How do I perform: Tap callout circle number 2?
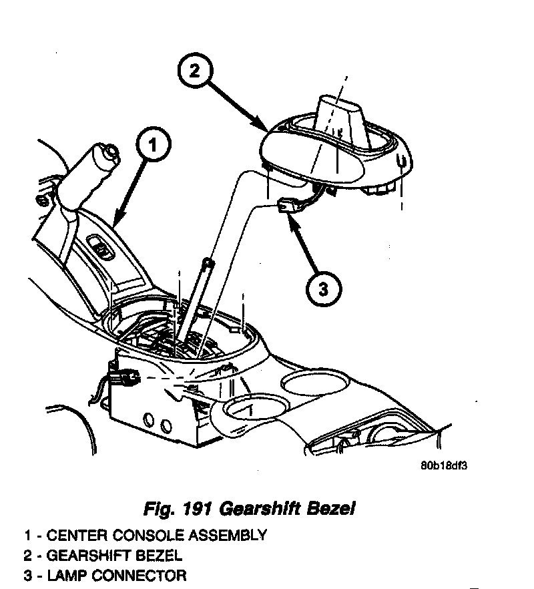(195, 71)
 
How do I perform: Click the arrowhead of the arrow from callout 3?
(292, 218)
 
